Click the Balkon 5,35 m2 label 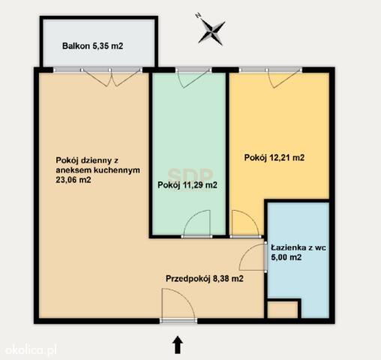pyautogui.click(x=92, y=46)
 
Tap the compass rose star pyautogui.click(x=211, y=32)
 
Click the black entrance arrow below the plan pyautogui.click(x=178, y=345)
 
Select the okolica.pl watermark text pyautogui.click(x=31, y=349)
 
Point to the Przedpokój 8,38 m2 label pyautogui.click(x=205, y=278)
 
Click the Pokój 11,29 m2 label pyautogui.click(x=187, y=185)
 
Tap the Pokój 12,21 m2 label pyautogui.click(x=274, y=157)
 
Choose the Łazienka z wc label pyautogui.click(x=298, y=247)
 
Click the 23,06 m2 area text pyautogui.click(x=73, y=180)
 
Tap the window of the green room pyautogui.click(x=193, y=70)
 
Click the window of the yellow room pyautogui.click(x=271, y=70)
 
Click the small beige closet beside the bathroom pyautogui.click(x=283, y=310)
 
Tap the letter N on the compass pyautogui.click(x=198, y=16)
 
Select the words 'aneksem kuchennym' pyautogui.click(x=97, y=170)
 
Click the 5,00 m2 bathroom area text pyautogui.click(x=286, y=257)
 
